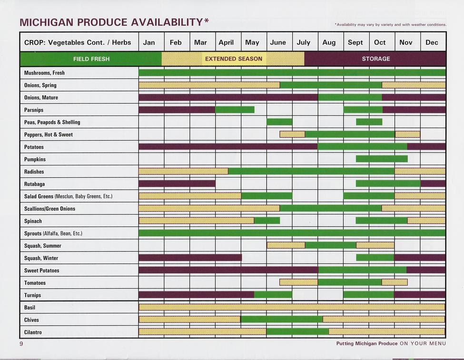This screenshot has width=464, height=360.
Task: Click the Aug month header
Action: pyautogui.click(x=329, y=42)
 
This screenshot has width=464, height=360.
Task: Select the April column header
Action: pyautogui.click(x=226, y=42)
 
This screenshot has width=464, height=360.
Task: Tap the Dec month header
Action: pyautogui.click(x=432, y=42)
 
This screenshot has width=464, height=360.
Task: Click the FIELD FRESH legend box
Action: pyautogui.click(x=91, y=59)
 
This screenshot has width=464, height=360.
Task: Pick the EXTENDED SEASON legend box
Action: pyautogui.click(x=233, y=59)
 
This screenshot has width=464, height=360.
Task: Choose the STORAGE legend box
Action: pyautogui.click(x=375, y=59)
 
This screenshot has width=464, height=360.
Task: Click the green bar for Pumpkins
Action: pyautogui.click(x=382, y=159)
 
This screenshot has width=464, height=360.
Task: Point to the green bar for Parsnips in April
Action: pyautogui.click(x=235, y=110)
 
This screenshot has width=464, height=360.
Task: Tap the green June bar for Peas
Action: pyautogui.click(x=279, y=122)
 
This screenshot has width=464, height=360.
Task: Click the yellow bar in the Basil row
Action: pyautogui.click(x=292, y=307)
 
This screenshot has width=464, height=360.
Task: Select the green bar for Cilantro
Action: pyautogui.click(x=297, y=331)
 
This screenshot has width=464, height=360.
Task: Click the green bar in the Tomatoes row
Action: pyautogui.click(x=350, y=282)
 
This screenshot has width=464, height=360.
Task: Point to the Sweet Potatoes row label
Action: pyautogui.click(x=41, y=271)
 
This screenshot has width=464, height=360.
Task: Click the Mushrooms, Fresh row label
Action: pyautogui.click(x=44, y=73)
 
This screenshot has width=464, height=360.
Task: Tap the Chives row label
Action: pyautogui.click(x=31, y=320)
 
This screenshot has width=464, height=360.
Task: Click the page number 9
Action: pyautogui.click(x=21, y=344)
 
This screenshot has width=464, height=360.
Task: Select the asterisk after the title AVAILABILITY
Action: pyautogui.click(x=206, y=21)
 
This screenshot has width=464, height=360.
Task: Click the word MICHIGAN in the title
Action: pyautogui.click(x=46, y=22)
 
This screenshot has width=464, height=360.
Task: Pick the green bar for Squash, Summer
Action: pyautogui.click(x=330, y=245)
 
